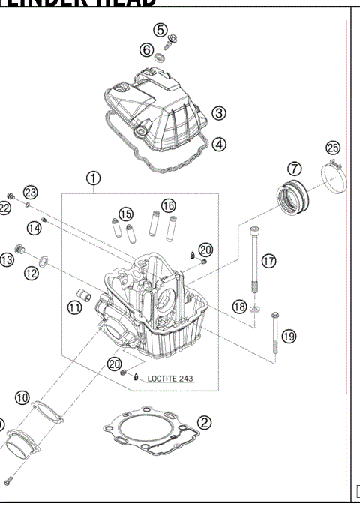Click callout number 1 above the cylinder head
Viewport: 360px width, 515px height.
tap(92, 178)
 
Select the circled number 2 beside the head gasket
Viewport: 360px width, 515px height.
tap(202, 424)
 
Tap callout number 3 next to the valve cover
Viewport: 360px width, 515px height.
tap(219, 113)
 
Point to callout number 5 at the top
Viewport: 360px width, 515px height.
tap(160, 30)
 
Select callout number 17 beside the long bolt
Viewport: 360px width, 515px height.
tap(268, 260)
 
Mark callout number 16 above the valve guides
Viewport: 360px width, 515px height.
tap(168, 205)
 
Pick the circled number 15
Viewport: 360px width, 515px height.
tap(126, 214)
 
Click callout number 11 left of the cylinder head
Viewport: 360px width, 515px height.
tap(75, 307)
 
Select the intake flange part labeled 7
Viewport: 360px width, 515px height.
tap(289, 199)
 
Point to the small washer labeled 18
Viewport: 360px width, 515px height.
tap(256, 307)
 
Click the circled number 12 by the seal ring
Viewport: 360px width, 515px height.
tap(31, 274)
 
